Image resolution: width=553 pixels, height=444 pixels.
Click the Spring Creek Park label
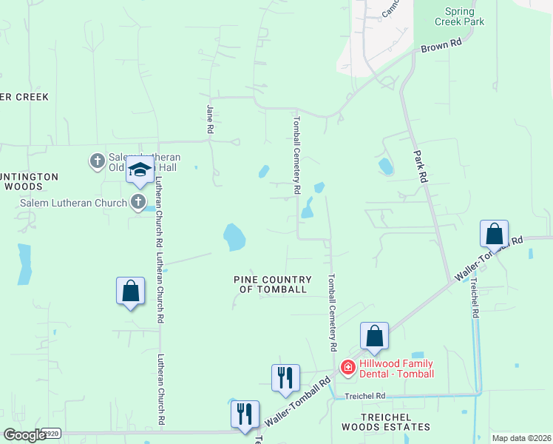(464, 16)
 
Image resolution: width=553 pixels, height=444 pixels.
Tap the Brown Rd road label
(441, 47)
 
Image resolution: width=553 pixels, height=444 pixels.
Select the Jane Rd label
(210, 118)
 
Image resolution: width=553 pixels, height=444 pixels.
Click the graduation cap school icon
(140, 171)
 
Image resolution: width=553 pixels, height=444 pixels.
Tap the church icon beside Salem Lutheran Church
(138, 201)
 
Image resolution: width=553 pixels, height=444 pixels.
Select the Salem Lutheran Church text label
(73, 203)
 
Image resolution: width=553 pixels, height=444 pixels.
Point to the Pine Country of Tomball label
(272, 284)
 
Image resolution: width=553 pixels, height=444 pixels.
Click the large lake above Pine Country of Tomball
(234, 238)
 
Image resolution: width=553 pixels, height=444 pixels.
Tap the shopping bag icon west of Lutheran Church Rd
(130, 291)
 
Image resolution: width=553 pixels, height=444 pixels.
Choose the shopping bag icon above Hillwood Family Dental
(375, 336)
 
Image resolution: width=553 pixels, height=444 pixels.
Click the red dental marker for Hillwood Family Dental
(347, 367)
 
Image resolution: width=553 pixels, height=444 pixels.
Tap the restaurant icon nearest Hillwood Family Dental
(285, 378)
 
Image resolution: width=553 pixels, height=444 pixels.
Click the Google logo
(24, 434)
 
